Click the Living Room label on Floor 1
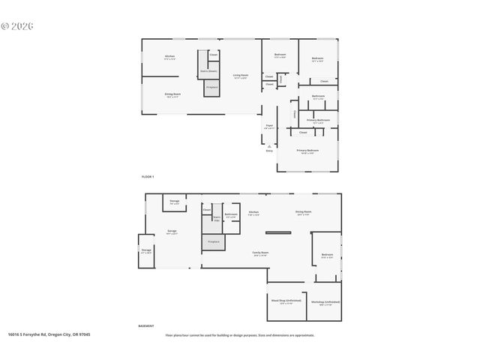tap(240, 76)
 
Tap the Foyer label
tap(268, 127)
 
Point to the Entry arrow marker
tap(269, 149)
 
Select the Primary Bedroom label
tap(307, 151)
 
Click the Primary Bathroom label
tap(318, 121)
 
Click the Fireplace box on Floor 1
tap(213, 88)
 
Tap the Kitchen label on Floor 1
tap(169, 58)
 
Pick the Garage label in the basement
tap(172, 232)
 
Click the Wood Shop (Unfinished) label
tap(286, 301)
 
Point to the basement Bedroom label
tap(327, 256)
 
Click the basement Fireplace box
tap(213, 243)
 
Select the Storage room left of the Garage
tap(146, 252)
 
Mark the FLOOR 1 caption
tap(148, 176)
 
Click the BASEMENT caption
tap(146, 326)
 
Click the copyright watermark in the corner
tap(17, 25)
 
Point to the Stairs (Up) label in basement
tap(217, 219)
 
